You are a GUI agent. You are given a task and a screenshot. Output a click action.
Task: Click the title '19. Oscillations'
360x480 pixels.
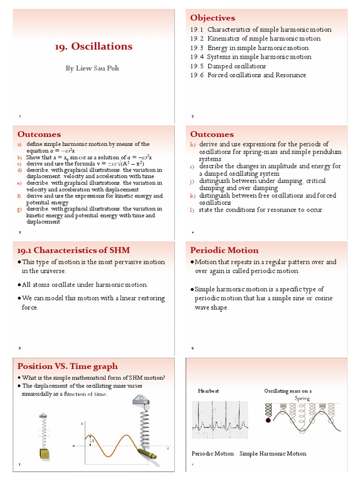[93, 46]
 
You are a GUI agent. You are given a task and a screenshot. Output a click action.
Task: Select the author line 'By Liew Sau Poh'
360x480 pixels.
[92, 68]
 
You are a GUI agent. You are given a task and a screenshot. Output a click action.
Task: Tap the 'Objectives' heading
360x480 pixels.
[212, 18]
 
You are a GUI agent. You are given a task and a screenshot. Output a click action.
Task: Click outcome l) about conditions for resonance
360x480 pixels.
[260, 210]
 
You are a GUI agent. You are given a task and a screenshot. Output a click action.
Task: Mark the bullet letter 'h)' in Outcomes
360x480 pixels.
[193, 144]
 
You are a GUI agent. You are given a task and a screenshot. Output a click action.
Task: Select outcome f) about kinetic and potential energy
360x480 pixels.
[94, 199]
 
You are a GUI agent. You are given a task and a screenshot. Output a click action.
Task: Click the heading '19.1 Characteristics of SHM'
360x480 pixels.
[74, 250]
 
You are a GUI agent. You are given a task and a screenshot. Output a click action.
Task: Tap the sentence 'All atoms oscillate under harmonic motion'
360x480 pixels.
[85, 285]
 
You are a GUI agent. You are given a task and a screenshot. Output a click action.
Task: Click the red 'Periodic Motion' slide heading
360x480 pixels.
[224, 250]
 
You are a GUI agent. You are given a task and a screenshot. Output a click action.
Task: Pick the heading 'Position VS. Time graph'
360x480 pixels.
[67, 366]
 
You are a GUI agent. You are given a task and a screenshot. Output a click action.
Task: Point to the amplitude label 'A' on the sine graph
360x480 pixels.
[93, 441]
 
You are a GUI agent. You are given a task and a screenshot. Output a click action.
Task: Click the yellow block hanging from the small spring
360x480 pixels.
[44, 453]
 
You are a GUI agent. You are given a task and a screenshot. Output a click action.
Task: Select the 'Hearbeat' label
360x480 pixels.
[209, 390]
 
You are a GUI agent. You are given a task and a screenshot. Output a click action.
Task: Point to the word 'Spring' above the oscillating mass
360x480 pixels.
[302, 398]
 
